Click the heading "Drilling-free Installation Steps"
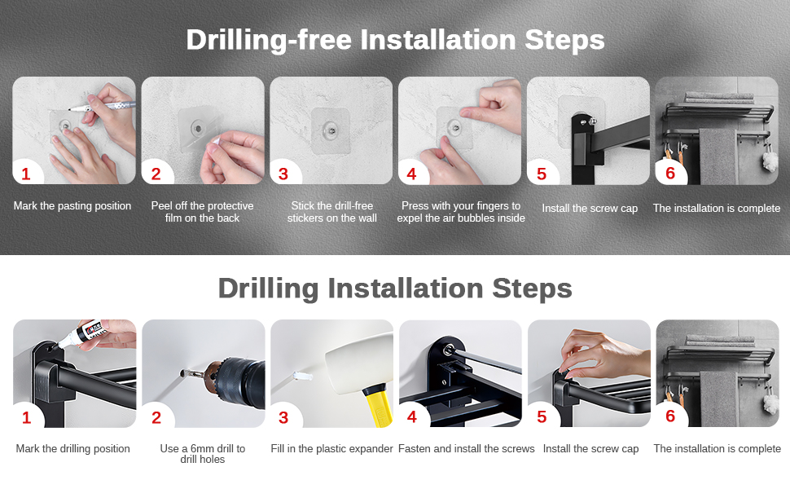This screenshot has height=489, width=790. [395, 39]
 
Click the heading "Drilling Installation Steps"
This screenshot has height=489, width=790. [395, 289]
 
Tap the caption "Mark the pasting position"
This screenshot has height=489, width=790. [72, 205]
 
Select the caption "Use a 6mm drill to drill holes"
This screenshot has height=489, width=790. [203, 454]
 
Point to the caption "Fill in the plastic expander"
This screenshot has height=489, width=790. [331, 449]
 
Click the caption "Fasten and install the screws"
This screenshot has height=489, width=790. [466, 449]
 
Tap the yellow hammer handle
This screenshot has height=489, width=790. [379, 407]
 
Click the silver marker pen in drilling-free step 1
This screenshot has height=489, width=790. [102, 107]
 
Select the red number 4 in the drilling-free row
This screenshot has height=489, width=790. [411, 174]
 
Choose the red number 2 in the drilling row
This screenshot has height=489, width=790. [156, 417]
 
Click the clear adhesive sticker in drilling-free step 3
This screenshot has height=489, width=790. [331, 130]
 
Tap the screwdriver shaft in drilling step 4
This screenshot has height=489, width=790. [485, 361]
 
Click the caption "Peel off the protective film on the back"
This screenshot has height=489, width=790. [203, 212]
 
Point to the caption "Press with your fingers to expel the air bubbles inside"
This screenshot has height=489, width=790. [461, 212]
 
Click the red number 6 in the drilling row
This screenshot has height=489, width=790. [670, 416]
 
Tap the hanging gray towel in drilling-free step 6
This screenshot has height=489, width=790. [718, 156]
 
